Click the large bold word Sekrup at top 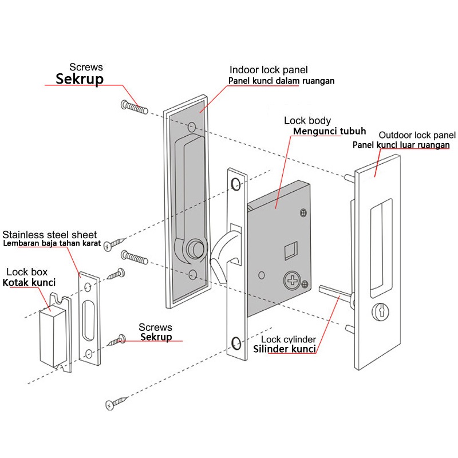tap(79, 79)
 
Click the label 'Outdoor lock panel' tap(417, 135)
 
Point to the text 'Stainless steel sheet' tap(50, 235)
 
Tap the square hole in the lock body tap(291, 248)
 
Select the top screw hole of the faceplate tap(235, 183)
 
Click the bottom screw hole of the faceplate tap(236, 343)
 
